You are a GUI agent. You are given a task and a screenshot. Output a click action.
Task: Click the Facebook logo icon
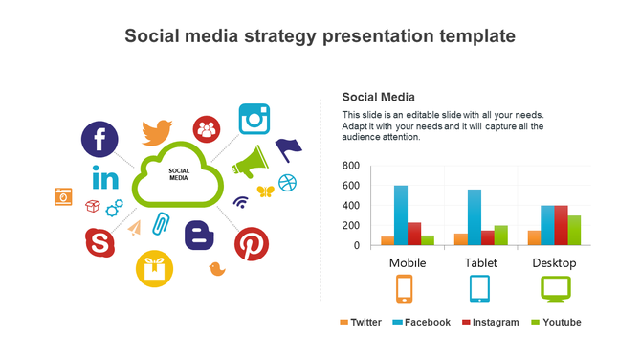(x=99, y=138)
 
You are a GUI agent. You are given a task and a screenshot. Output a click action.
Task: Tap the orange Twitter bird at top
(x=156, y=131)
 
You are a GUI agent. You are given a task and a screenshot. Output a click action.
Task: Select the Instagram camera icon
(x=255, y=119)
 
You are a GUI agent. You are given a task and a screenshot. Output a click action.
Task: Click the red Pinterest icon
(x=252, y=244)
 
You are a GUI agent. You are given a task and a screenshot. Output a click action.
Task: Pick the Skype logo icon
(x=99, y=243)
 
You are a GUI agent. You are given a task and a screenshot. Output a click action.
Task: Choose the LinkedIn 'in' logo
(x=105, y=178)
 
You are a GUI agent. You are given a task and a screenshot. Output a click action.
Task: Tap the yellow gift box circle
(x=153, y=269)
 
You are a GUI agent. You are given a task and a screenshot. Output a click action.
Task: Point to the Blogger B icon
(x=199, y=235)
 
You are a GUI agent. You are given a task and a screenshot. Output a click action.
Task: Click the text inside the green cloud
(x=179, y=174)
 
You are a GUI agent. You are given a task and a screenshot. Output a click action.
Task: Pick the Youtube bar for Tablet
(x=501, y=236)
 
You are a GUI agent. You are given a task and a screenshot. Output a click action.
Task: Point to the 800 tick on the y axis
(x=351, y=166)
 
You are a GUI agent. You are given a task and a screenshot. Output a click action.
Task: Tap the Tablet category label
(x=480, y=262)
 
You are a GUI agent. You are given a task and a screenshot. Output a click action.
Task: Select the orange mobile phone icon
(x=405, y=288)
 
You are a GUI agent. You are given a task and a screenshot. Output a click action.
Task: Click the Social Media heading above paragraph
(x=379, y=97)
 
